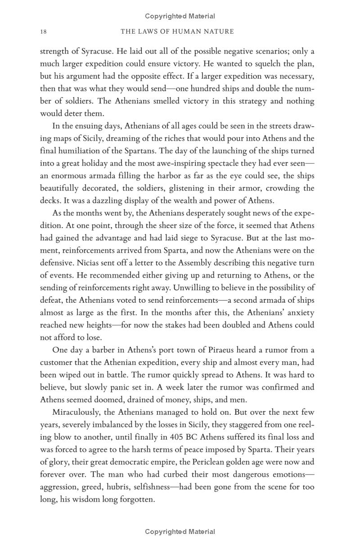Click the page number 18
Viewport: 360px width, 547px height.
(43, 31)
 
